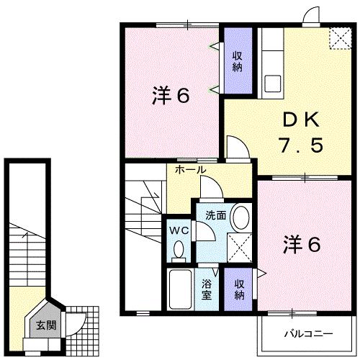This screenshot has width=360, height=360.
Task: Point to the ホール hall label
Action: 191,170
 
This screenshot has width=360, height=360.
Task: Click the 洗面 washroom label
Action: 215,215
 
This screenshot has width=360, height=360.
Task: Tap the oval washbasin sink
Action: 241,216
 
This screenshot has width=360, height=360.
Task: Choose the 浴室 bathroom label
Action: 207,289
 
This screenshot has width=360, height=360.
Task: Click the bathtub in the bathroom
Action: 181,290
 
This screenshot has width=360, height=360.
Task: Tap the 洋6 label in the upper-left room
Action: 171,95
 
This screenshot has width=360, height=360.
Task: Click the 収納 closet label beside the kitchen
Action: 238,60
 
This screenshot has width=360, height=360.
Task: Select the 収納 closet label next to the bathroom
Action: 239,289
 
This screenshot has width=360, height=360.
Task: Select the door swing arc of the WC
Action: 206,231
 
